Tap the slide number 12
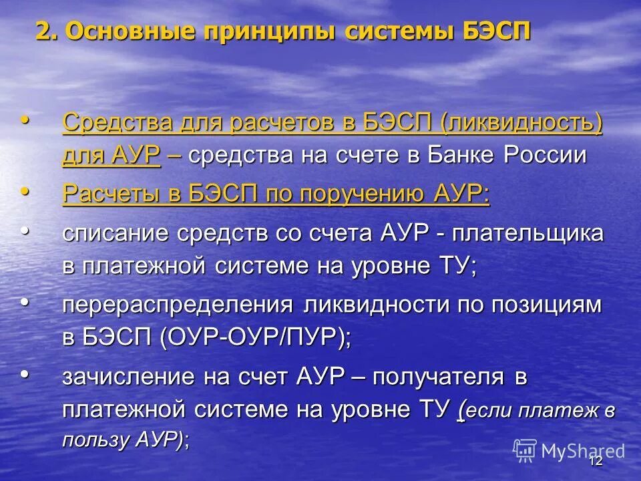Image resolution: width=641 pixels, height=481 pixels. [x=596, y=461]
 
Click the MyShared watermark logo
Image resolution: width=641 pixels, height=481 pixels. [x=571, y=450]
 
